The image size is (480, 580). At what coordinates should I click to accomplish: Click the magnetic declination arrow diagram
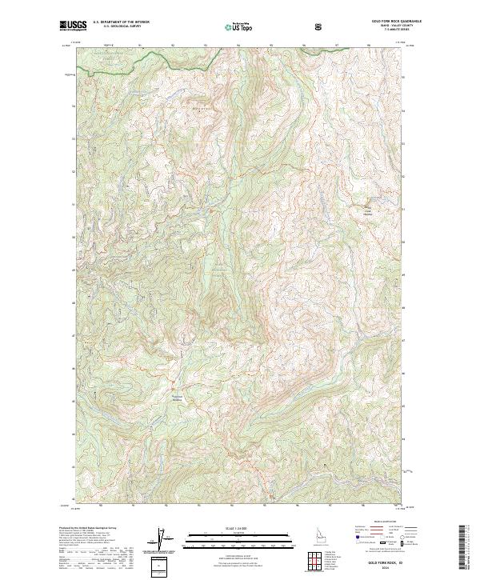pos(166,539)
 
